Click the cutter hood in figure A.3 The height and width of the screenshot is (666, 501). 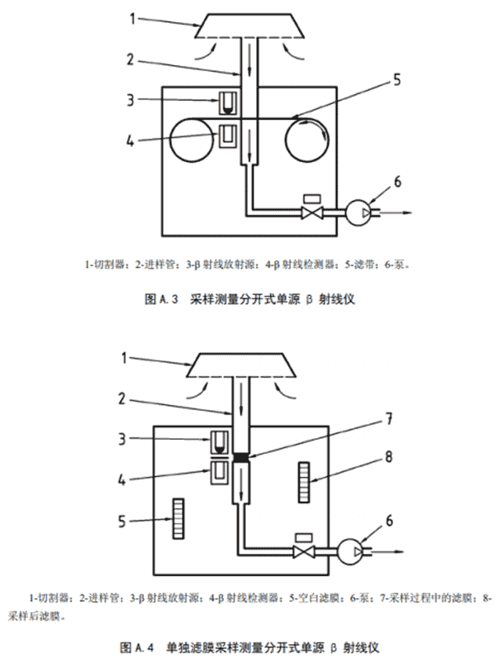(250, 26)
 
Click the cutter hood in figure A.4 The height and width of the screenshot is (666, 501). (241, 365)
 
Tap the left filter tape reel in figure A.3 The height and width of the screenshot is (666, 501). (191, 140)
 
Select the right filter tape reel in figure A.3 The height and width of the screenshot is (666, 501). (307, 140)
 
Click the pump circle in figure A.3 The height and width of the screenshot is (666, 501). (358, 211)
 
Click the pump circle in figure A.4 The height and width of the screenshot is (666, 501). (349, 551)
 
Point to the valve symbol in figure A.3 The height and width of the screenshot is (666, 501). (312, 211)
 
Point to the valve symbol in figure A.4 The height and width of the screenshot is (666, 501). (304, 551)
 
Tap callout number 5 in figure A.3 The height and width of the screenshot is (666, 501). (397, 79)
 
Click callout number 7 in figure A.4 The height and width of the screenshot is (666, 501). (388, 419)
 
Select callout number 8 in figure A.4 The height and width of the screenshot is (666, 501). (388, 457)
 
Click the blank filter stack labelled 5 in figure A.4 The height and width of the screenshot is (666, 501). (178, 518)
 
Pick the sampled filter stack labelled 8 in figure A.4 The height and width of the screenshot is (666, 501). (304, 483)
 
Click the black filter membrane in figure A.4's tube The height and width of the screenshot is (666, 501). (241, 457)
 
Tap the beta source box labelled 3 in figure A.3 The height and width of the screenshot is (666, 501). (228, 103)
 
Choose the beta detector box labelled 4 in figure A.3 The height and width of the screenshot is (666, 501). (228, 136)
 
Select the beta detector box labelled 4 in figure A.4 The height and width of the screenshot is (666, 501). (219, 473)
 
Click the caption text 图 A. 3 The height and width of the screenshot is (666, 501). (161, 300)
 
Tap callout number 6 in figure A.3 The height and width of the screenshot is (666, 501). (397, 182)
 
